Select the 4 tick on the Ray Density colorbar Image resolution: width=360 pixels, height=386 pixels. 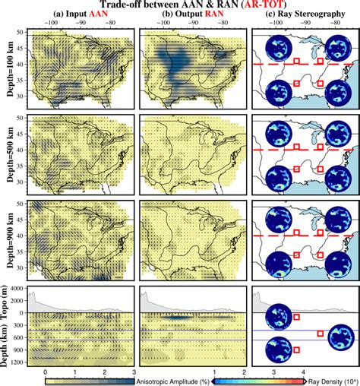[x=303, y=371]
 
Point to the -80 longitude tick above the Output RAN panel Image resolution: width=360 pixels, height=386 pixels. [x=222, y=24]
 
